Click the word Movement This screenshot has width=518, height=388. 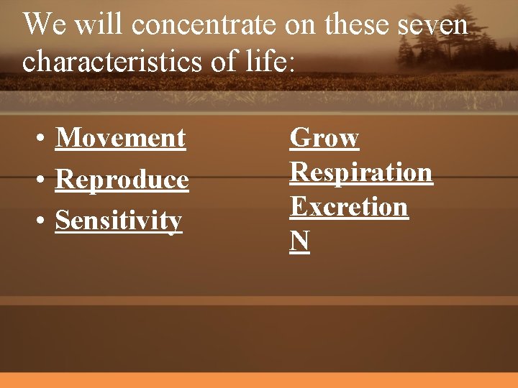pyautogui.click(x=120, y=137)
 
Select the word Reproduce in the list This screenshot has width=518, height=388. pyautogui.click(x=122, y=180)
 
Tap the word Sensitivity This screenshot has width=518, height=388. pyautogui.click(x=119, y=221)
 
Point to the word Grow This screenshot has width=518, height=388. pyautogui.click(x=324, y=137)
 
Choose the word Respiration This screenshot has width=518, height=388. pyautogui.click(x=361, y=172)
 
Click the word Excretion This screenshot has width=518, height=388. pyautogui.click(x=349, y=207)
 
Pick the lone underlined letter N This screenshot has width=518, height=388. pyautogui.click(x=299, y=241)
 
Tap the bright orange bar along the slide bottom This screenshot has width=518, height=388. pyautogui.click(x=259, y=380)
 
